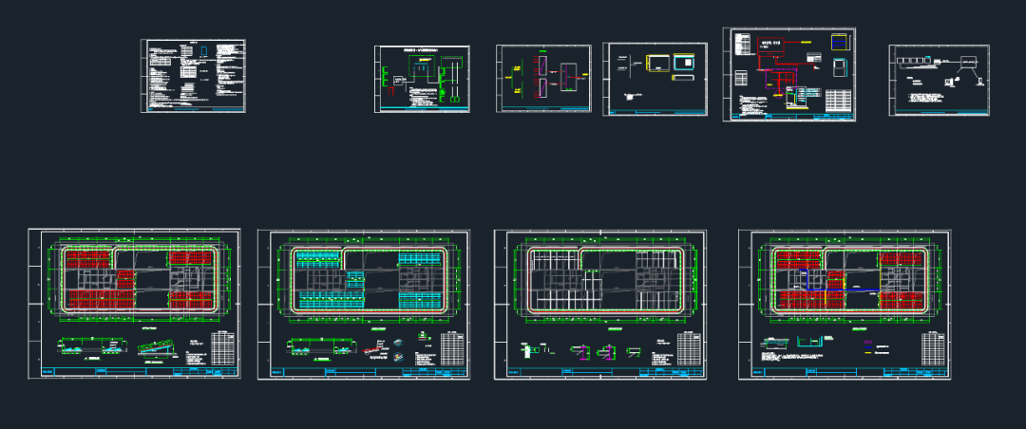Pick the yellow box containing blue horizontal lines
pyautogui.click(x=840, y=43)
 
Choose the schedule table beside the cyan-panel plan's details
pyautogui.click(x=450, y=349)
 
